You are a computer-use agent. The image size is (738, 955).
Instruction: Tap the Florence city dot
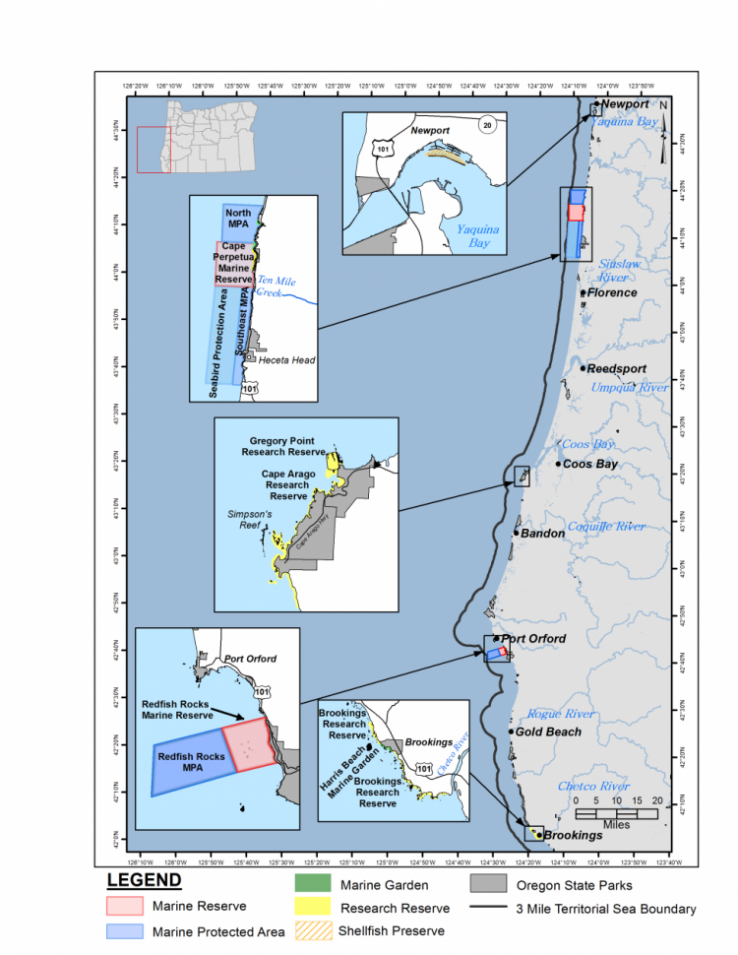click(x=584, y=292)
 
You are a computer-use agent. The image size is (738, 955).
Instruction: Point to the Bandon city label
click(x=543, y=534)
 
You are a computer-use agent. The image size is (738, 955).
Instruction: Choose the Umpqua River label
click(x=629, y=388)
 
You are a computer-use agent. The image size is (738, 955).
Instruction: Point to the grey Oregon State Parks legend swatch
click(x=487, y=883)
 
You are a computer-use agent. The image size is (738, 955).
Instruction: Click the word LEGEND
click(x=144, y=880)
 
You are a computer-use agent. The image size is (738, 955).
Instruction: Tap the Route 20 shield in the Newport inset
click(x=486, y=124)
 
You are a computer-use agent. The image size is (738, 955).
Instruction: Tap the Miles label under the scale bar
click(x=617, y=824)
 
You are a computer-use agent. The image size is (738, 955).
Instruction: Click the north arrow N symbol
click(x=664, y=105)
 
